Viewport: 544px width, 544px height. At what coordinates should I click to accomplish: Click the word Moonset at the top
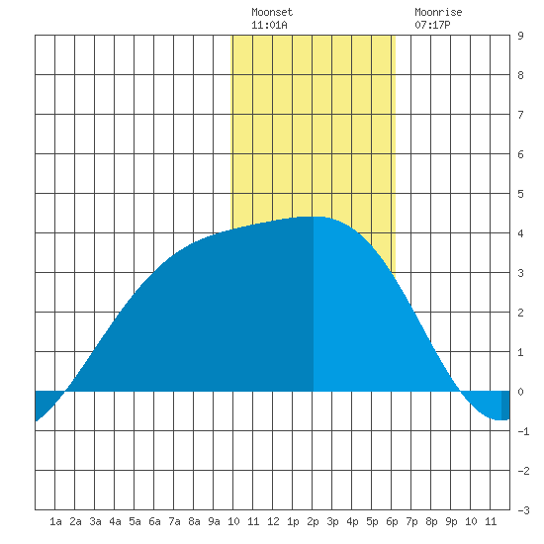click(272, 12)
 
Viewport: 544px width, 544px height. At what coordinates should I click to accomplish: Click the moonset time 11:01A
click(269, 25)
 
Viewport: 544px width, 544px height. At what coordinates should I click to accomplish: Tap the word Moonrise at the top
click(438, 12)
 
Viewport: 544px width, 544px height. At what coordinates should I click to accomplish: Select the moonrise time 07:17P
click(432, 25)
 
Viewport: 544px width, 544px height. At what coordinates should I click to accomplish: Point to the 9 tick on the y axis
click(520, 36)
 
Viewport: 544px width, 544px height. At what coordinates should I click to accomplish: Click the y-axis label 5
click(520, 194)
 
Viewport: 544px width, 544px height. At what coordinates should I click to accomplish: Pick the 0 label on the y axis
click(520, 392)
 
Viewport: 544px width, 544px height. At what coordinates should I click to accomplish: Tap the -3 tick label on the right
click(523, 510)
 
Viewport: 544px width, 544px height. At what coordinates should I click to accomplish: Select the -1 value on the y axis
click(523, 431)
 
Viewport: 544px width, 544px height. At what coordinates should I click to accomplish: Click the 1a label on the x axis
click(55, 521)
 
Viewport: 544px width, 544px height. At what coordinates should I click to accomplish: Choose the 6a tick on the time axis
click(154, 521)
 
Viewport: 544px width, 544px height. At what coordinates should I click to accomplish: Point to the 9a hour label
click(214, 521)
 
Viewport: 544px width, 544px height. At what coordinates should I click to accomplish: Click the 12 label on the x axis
click(273, 521)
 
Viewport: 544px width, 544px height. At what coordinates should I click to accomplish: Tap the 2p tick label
click(313, 521)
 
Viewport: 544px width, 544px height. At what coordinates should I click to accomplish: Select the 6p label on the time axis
click(392, 521)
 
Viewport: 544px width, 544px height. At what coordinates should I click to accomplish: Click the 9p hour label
click(451, 521)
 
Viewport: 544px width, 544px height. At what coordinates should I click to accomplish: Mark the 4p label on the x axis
click(352, 521)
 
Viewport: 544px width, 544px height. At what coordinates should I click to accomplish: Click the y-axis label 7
click(520, 115)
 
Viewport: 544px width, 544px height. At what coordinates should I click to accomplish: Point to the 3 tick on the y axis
click(520, 273)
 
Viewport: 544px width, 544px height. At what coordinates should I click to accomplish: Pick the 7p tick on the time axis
click(411, 521)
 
